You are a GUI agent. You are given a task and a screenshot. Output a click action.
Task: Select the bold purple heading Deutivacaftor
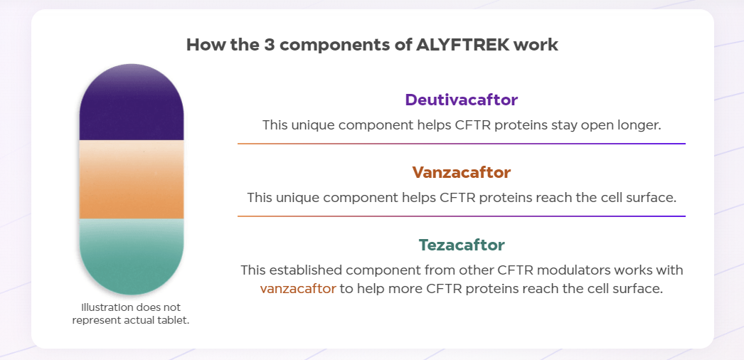tap(462, 100)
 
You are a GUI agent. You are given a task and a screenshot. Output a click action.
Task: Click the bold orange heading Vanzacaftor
tap(462, 172)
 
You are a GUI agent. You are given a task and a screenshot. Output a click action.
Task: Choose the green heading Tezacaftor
tap(462, 245)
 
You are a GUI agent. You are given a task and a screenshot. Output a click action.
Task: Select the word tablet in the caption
tap(175, 320)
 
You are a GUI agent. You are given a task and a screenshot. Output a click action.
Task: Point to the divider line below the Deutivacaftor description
tap(462, 144)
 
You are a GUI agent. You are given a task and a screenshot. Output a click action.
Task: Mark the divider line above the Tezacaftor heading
tap(462, 216)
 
